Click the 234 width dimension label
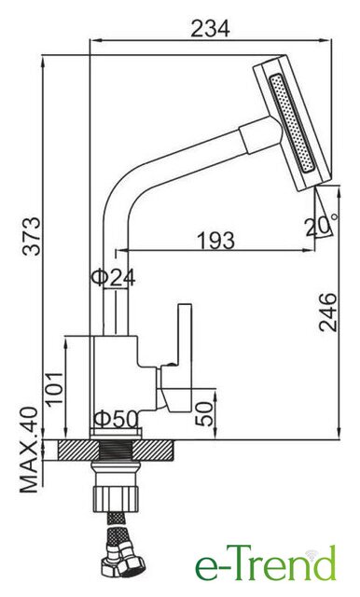[x=210, y=29]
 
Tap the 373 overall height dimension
[x=31, y=236]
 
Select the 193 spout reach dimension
[x=215, y=241]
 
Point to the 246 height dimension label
[x=328, y=312]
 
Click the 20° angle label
[x=321, y=227]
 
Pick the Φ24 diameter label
[x=113, y=278]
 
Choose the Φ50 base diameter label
[x=116, y=419]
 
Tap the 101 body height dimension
[x=54, y=389]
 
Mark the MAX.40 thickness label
[x=29, y=450]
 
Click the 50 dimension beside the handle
[x=203, y=414]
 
